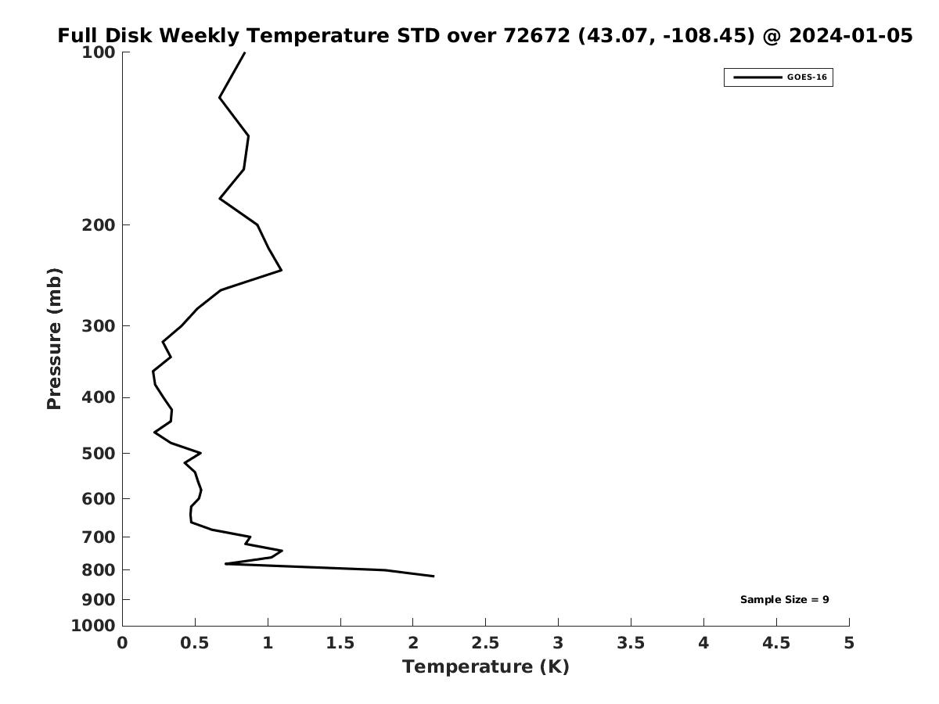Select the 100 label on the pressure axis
pos(99,52)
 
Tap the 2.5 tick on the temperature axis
pos(485,643)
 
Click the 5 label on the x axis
pos(849,643)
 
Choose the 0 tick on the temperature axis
pos(123,643)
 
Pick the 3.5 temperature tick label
pos(631,643)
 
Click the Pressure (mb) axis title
pos(54,339)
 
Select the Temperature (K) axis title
pos(485,667)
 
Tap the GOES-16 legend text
pos(807,77)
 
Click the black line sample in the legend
pos(757,77)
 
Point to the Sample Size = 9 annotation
pos(784,600)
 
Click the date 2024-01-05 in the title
pos(851,36)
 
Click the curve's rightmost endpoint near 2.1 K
pos(434,576)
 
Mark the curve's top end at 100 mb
pos(245,52)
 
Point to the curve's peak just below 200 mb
pos(281,270)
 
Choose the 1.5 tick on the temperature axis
pos(340,643)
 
